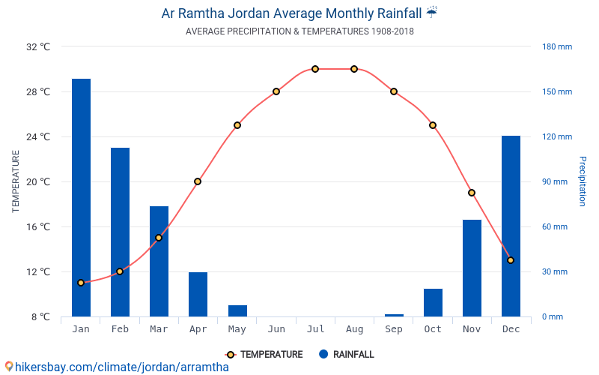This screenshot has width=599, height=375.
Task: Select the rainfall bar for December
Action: [511, 226]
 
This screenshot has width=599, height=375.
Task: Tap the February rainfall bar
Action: [120, 232]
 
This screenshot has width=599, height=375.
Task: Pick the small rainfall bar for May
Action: [237, 310]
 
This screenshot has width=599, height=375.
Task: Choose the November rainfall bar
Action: [472, 268]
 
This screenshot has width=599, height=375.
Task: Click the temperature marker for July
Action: [315, 69]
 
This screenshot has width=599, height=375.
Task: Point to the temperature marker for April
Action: [198, 181]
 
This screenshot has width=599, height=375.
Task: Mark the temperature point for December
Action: [511, 260]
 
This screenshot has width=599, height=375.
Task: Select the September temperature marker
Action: [394, 91]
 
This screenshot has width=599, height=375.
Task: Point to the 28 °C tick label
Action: [37, 91]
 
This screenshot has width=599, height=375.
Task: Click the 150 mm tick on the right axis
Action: [557, 91]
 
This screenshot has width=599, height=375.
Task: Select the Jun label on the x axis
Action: [276, 329]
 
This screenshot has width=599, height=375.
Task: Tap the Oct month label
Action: [433, 329]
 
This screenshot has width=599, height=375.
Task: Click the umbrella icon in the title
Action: [431, 12]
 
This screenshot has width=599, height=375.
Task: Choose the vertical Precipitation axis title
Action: [582, 181]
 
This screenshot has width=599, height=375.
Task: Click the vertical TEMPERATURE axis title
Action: [16, 181]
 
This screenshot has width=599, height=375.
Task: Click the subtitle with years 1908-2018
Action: [299, 31]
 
